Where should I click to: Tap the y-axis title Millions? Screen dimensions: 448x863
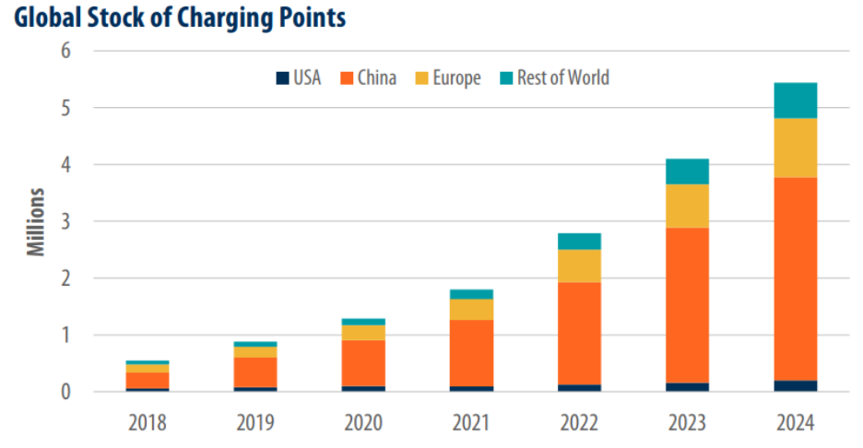(x=36, y=222)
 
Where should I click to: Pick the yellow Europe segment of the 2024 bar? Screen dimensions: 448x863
(x=795, y=147)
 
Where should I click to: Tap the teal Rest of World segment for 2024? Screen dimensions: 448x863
(x=795, y=100)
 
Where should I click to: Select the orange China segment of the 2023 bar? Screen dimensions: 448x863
(x=686, y=305)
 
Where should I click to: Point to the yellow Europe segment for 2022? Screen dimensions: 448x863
(x=578, y=265)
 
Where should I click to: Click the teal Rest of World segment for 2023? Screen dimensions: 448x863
(x=686, y=171)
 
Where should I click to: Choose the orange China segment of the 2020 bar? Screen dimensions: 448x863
(x=362, y=363)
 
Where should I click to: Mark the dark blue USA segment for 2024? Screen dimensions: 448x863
(x=795, y=386)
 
